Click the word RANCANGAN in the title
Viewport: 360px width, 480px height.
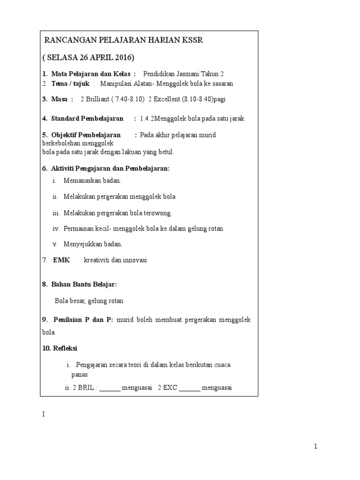pos(66,41)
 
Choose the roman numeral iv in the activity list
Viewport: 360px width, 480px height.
pos(56,229)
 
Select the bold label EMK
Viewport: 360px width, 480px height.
pos(61,260)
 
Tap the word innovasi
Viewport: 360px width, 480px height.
pos(134,260)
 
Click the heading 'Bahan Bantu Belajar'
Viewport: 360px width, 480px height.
pos(83,285)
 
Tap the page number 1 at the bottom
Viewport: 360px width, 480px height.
pos(316,447)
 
